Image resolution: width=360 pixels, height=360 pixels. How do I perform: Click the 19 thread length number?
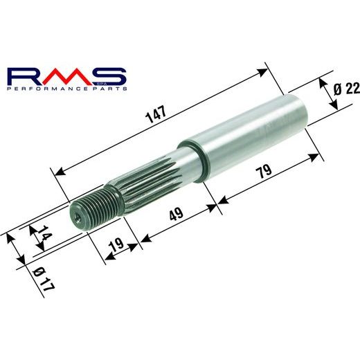point(117,244)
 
